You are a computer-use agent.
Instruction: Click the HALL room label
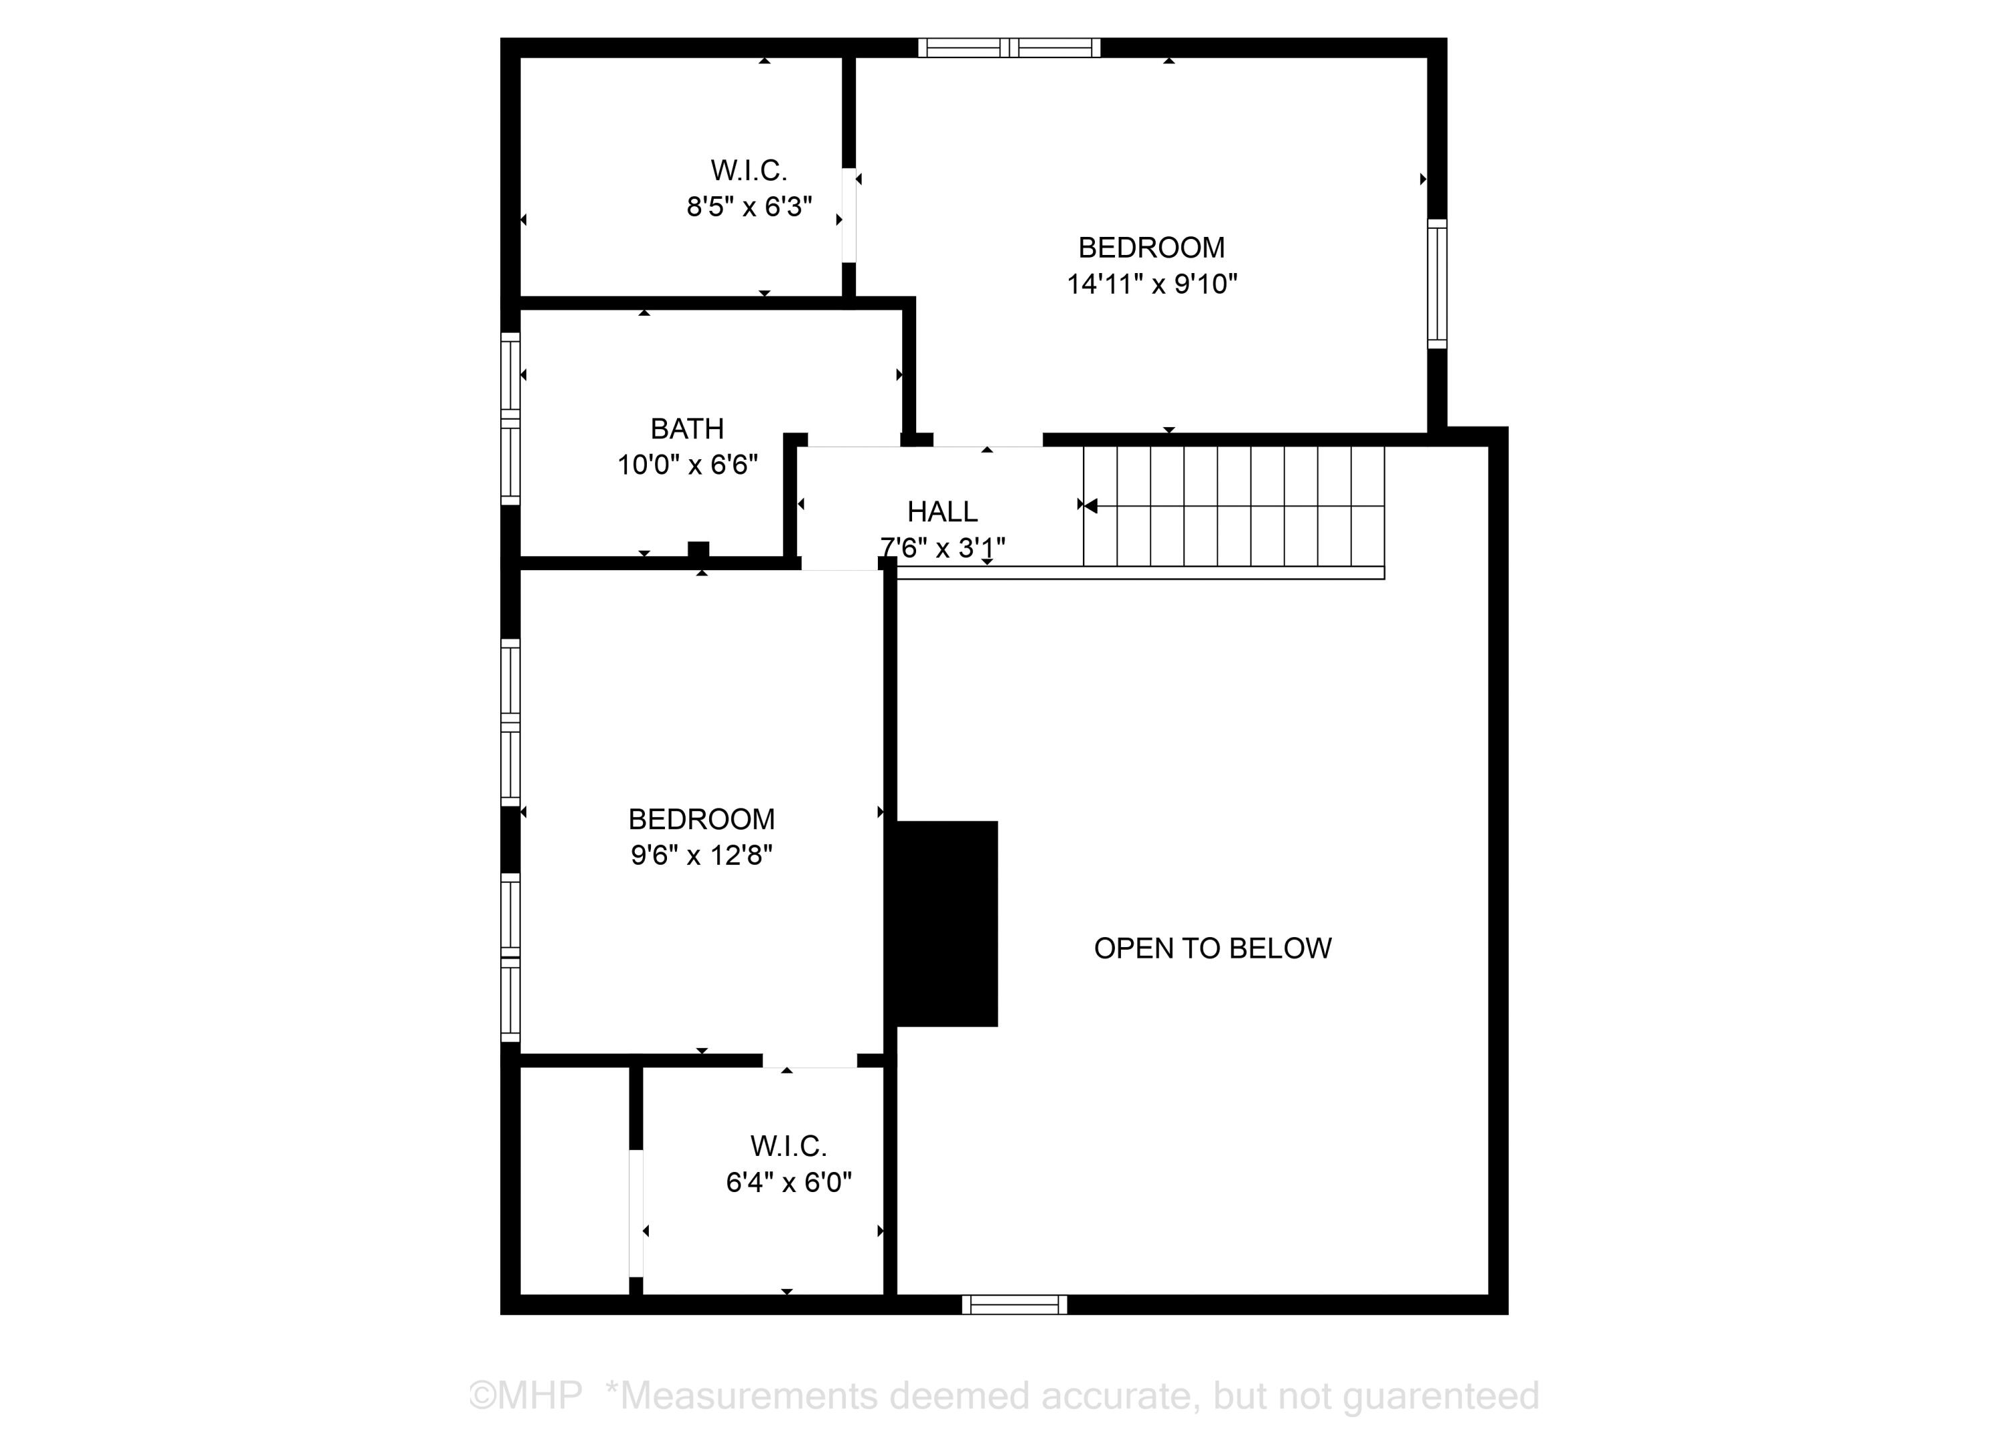(942, 511)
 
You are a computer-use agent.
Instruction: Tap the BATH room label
(687, 428)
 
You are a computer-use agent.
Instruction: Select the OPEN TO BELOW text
(1212, 948)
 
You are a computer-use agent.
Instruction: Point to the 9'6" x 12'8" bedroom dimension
(701, 855)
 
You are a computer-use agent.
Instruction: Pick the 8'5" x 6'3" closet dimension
(749, 207)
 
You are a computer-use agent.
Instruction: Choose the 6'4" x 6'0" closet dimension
(788, 1182)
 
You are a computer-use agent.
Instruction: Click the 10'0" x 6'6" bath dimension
(687, 465)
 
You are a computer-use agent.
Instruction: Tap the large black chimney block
(946, 924)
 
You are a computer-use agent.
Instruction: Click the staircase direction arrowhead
(1090, 505)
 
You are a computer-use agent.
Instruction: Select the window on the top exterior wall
(1009, 48)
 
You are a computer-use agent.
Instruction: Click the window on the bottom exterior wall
(1014, 1304)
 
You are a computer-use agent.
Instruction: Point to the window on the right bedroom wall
(1437, 284)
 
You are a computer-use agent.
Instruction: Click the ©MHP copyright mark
(525, 1396)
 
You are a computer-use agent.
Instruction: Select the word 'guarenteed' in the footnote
(1440, 1396)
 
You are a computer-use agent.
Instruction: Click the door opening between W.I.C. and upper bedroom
(848, 215)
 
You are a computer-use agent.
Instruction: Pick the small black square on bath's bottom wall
(698, 550)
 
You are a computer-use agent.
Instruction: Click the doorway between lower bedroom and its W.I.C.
(810, 1060)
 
